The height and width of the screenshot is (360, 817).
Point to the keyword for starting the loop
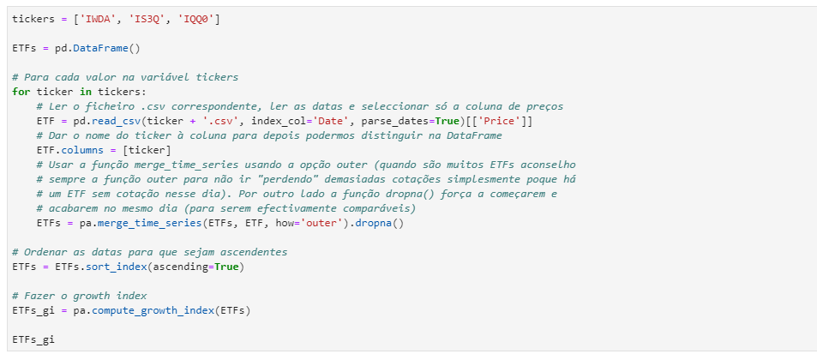coord(21,92)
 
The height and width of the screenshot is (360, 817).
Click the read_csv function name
coord(114,121)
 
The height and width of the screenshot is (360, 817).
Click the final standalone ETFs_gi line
coord(33,339)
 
